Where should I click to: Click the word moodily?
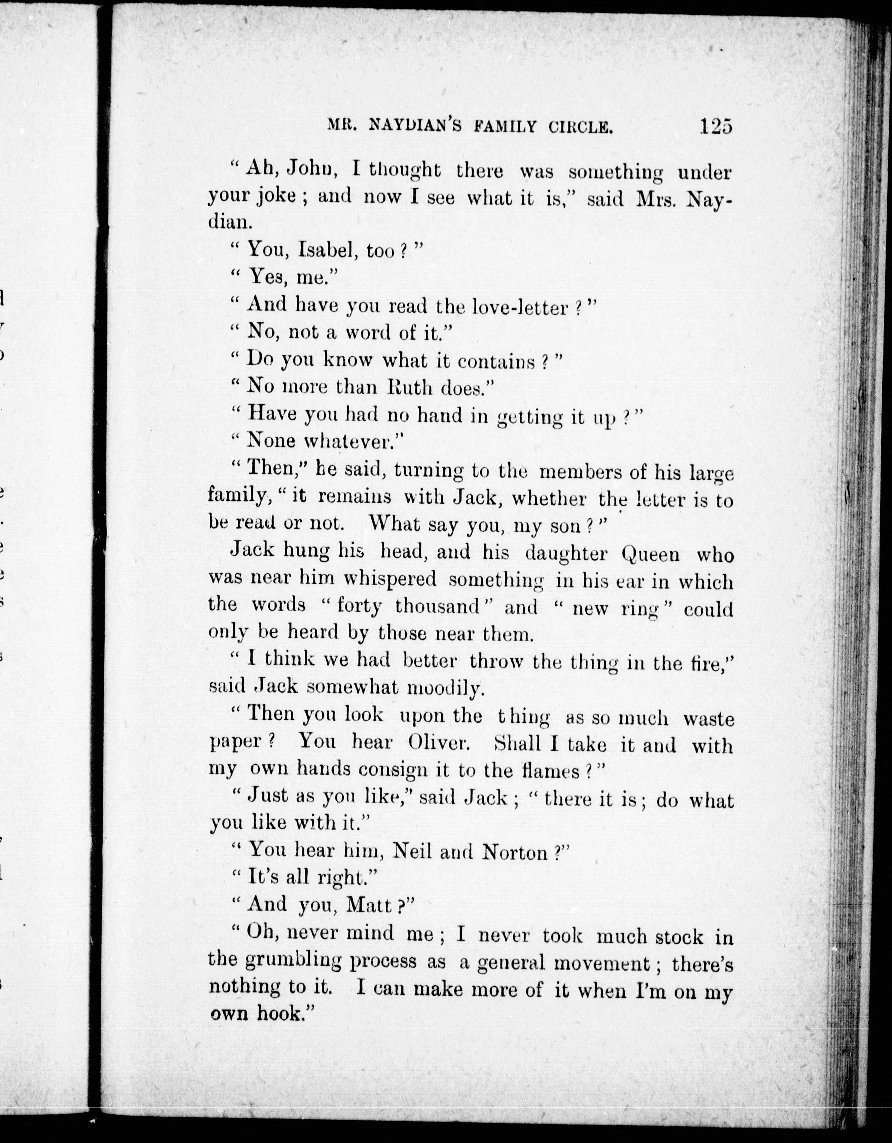click(444, 688)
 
